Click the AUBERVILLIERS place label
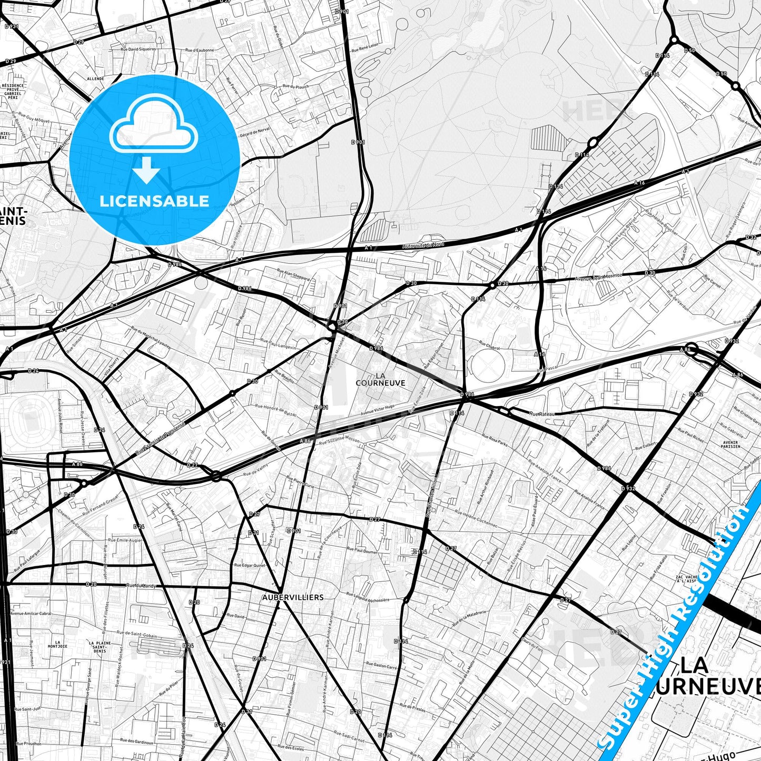click(293, 597)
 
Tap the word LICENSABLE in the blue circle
click(154, 201)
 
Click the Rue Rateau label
click(542, 414)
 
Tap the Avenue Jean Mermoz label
click(599, 276)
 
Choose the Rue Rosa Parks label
click(495, 440)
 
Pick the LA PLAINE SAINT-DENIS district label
click(99, 647)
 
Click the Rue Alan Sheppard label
click(293, 274)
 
